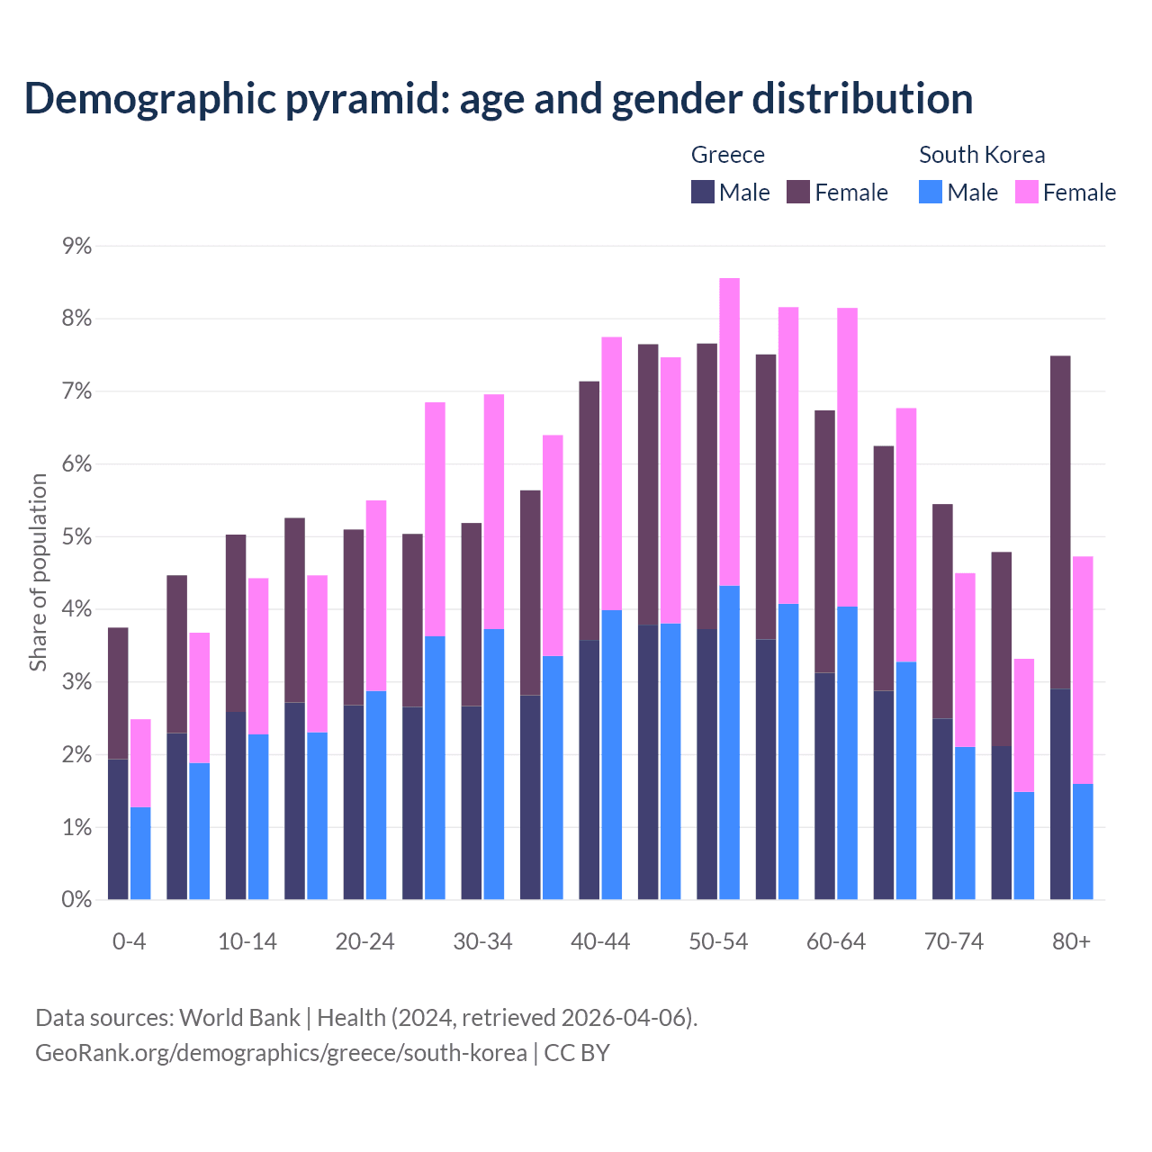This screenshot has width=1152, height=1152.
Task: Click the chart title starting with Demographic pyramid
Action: click(x=498, y=98)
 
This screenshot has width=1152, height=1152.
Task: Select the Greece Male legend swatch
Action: click(x=703, y=192)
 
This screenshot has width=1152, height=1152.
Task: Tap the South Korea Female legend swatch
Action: click(x=1026, y=192)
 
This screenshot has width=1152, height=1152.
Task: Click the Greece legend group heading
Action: click(x=727, y=155)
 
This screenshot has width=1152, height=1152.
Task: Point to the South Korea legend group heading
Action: click(x=982, y=155)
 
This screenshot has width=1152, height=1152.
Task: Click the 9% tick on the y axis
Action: click(x=76, y=246)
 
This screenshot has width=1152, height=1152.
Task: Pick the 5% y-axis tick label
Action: click(x=76, y=536)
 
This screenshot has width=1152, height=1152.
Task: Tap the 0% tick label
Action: click(x=76, y=899)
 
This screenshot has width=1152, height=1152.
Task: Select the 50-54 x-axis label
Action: click(x=718, y=941)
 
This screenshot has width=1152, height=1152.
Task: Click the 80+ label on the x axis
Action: click(x=1071, y=941)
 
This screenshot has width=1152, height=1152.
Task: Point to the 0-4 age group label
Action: click(x=129, y=941)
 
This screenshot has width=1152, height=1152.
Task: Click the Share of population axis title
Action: click(x=38, y=572)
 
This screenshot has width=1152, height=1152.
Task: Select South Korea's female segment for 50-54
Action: click(x=729, y=432)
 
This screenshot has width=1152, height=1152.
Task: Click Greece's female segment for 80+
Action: click(x=1060, y=522)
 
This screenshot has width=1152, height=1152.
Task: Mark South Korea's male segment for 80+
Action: click(x=1083, y=841)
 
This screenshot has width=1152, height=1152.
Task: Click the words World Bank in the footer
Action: click(x=239, y=1018)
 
